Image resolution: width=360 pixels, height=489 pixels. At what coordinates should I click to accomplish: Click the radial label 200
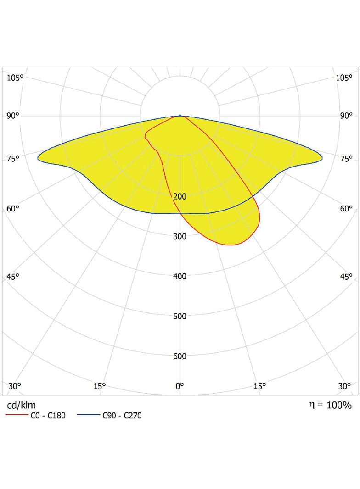tap(180, 196)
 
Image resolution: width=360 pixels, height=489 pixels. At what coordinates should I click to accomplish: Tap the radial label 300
tap(180, 236)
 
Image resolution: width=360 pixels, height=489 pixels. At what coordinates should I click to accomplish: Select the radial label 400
tap(180, 276)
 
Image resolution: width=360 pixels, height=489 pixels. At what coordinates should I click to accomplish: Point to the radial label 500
tap(180, 316)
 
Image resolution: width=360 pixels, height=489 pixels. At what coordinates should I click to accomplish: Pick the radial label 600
tap(180, 356)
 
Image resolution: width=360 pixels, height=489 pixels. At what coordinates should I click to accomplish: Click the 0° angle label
tap(180, 386)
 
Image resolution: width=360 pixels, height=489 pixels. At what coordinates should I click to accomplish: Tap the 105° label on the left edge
tap(15, 78)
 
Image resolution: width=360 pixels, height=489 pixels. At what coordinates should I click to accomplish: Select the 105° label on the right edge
tap(344, 78)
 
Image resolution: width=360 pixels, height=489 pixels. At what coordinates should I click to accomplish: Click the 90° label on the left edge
tap(13, 116)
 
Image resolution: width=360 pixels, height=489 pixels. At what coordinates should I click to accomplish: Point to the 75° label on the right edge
tap(346, 159)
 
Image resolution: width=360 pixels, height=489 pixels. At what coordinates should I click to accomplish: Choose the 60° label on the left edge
tap(13, 209)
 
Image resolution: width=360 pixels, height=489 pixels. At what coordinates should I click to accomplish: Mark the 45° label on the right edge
tap(346, 276)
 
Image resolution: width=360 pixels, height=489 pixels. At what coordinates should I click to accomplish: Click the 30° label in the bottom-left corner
tap(15, 386)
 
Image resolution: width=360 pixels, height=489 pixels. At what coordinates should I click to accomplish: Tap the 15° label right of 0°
tap(260, 386)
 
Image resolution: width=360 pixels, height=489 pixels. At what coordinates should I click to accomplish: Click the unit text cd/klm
tap(22, 405)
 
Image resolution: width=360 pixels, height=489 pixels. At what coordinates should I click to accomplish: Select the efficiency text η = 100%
tap(330, 405)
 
